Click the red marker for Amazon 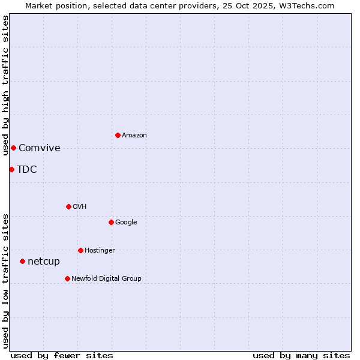click(118, 135)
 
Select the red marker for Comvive click(13, 148)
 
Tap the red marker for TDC click(11, 169)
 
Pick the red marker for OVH click(68, 206)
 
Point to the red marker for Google click(111, 222)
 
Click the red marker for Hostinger click(80, 250)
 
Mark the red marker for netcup click(22, 261)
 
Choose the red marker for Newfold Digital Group click(67, 278)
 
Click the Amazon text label click(134, 136)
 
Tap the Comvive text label click(40, 148)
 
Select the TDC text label click(27, 170)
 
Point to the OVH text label click(80, 207)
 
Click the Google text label click(126, 223)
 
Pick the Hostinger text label click(100, 251)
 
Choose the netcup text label click(44, 262)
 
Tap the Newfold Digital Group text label click(106, 279)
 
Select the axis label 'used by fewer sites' click(62, 355)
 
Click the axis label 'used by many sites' click(301, 355)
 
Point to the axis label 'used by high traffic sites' click(5, 86)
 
